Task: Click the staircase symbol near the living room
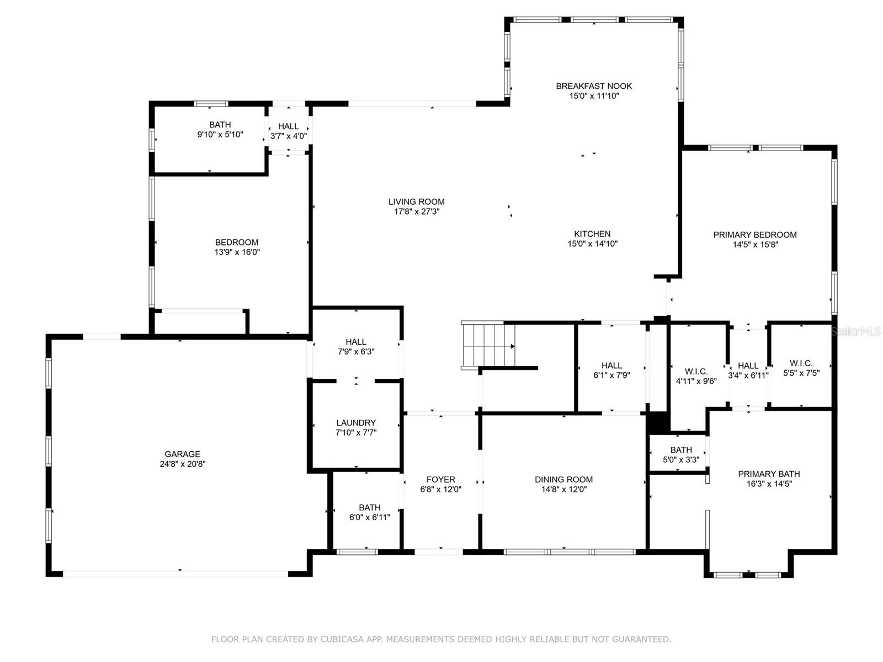coord(488,346)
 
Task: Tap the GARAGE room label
coord(182,455)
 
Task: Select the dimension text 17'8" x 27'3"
coord(416,211)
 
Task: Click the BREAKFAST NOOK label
coord(594,86)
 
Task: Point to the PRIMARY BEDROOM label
coord(754,235)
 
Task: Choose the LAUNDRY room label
coord(356,423)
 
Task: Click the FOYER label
coord(440,479)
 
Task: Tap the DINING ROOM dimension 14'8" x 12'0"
coord(563,489)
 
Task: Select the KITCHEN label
coord(592,234)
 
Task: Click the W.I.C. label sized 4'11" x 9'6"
coord(696,371)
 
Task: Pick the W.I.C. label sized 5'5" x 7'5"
coord(801,363)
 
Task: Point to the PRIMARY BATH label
coord(769,474)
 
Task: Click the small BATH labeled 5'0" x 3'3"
coord(681,450)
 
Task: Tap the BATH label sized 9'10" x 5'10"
coord(220,125)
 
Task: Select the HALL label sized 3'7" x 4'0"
coord(288,126)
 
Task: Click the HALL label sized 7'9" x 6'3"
coord(356,342)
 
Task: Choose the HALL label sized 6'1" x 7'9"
coord(611,365)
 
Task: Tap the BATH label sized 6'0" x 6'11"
coord(369,508)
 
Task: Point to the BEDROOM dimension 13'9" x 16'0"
coord(237,252)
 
